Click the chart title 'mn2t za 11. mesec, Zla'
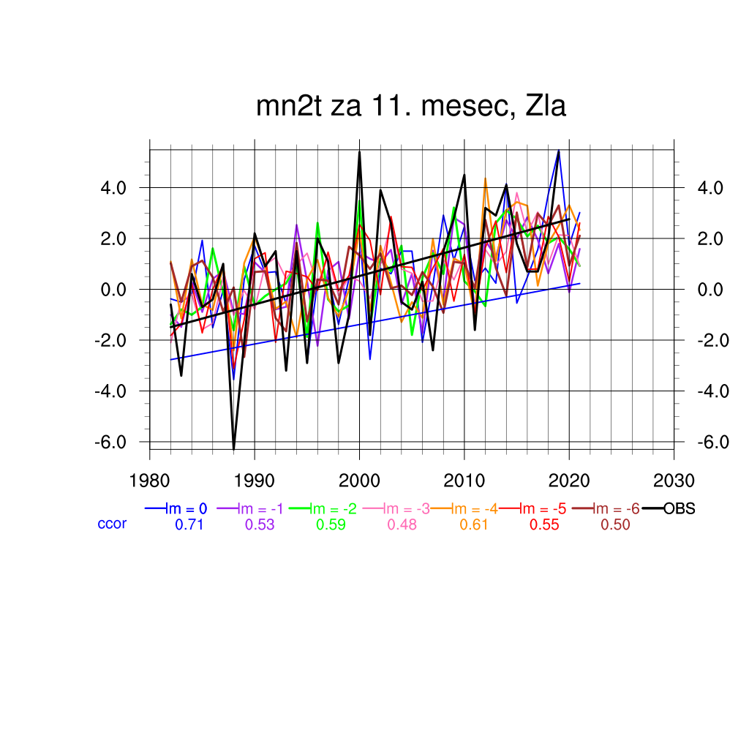411,107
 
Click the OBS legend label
679,508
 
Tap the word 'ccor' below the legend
112,524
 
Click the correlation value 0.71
188,524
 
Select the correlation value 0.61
473,524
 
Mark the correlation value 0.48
402,524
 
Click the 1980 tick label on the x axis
149,481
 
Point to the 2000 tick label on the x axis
359,481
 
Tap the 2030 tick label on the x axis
674,481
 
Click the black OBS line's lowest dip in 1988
234,448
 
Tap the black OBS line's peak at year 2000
359,152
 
